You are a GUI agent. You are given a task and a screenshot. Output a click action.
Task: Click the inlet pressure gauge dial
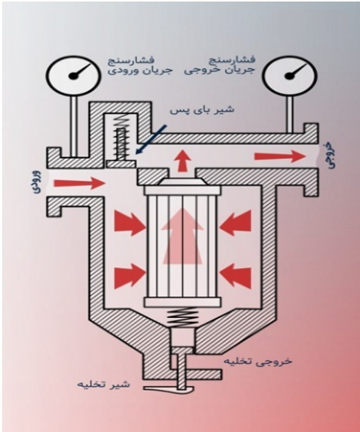[x=73, y=74]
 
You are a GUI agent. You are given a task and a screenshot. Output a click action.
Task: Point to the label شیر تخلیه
[x=103, y=384]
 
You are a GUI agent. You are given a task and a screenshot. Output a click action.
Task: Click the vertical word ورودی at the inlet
[x=36, y=182]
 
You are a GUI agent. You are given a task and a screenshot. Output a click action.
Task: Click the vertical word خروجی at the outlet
[x=329, y=156]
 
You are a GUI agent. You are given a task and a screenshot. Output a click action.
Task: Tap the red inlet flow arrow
[x=79, y=183]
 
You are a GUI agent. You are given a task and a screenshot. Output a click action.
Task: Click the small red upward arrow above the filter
[x=183, y=162]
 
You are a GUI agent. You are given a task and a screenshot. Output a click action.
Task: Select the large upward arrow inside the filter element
[x=183, y=236]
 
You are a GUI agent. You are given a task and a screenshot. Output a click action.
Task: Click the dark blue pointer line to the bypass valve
[x=150, y=140]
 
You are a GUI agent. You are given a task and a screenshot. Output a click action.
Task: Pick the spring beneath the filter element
[x=183, y=317]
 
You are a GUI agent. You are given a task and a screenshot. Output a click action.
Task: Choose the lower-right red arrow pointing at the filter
[x=236, y=274]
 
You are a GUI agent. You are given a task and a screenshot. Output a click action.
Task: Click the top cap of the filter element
[x=183, y=187]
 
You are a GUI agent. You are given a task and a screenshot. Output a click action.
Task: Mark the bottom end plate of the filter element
[x=183, y=303]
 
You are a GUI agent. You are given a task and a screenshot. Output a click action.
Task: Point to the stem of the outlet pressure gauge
[x=291, y=114]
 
